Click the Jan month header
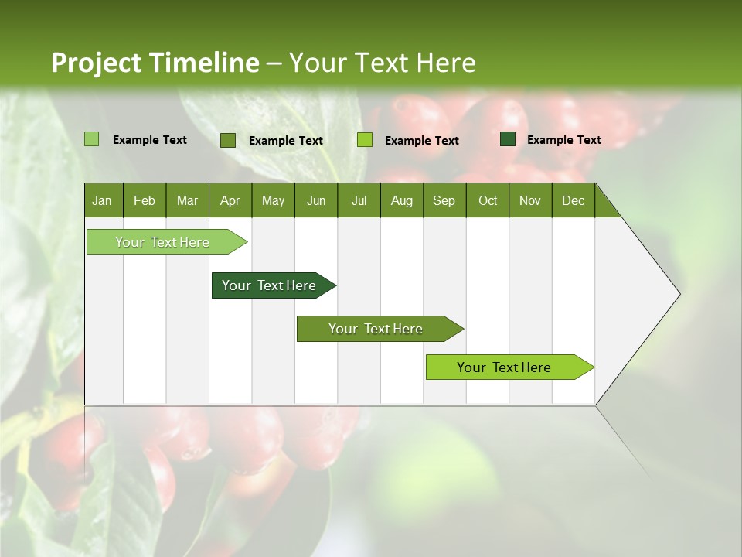point(103,200)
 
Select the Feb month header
point(145,200)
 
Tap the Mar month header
point(187,200)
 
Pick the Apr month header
point(230,200)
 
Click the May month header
point(273,200)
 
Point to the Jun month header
point(316,200)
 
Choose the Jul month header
point(359,200)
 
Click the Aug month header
point(402,200)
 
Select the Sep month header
point(444,200)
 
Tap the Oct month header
point(488,200)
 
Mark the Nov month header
point(530,200)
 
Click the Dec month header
point(574,200)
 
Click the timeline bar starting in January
point(163,242)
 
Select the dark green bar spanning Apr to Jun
point(270,285)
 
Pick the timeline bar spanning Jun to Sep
point(376,329)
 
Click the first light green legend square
point(92,139)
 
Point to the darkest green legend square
point(508,139)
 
